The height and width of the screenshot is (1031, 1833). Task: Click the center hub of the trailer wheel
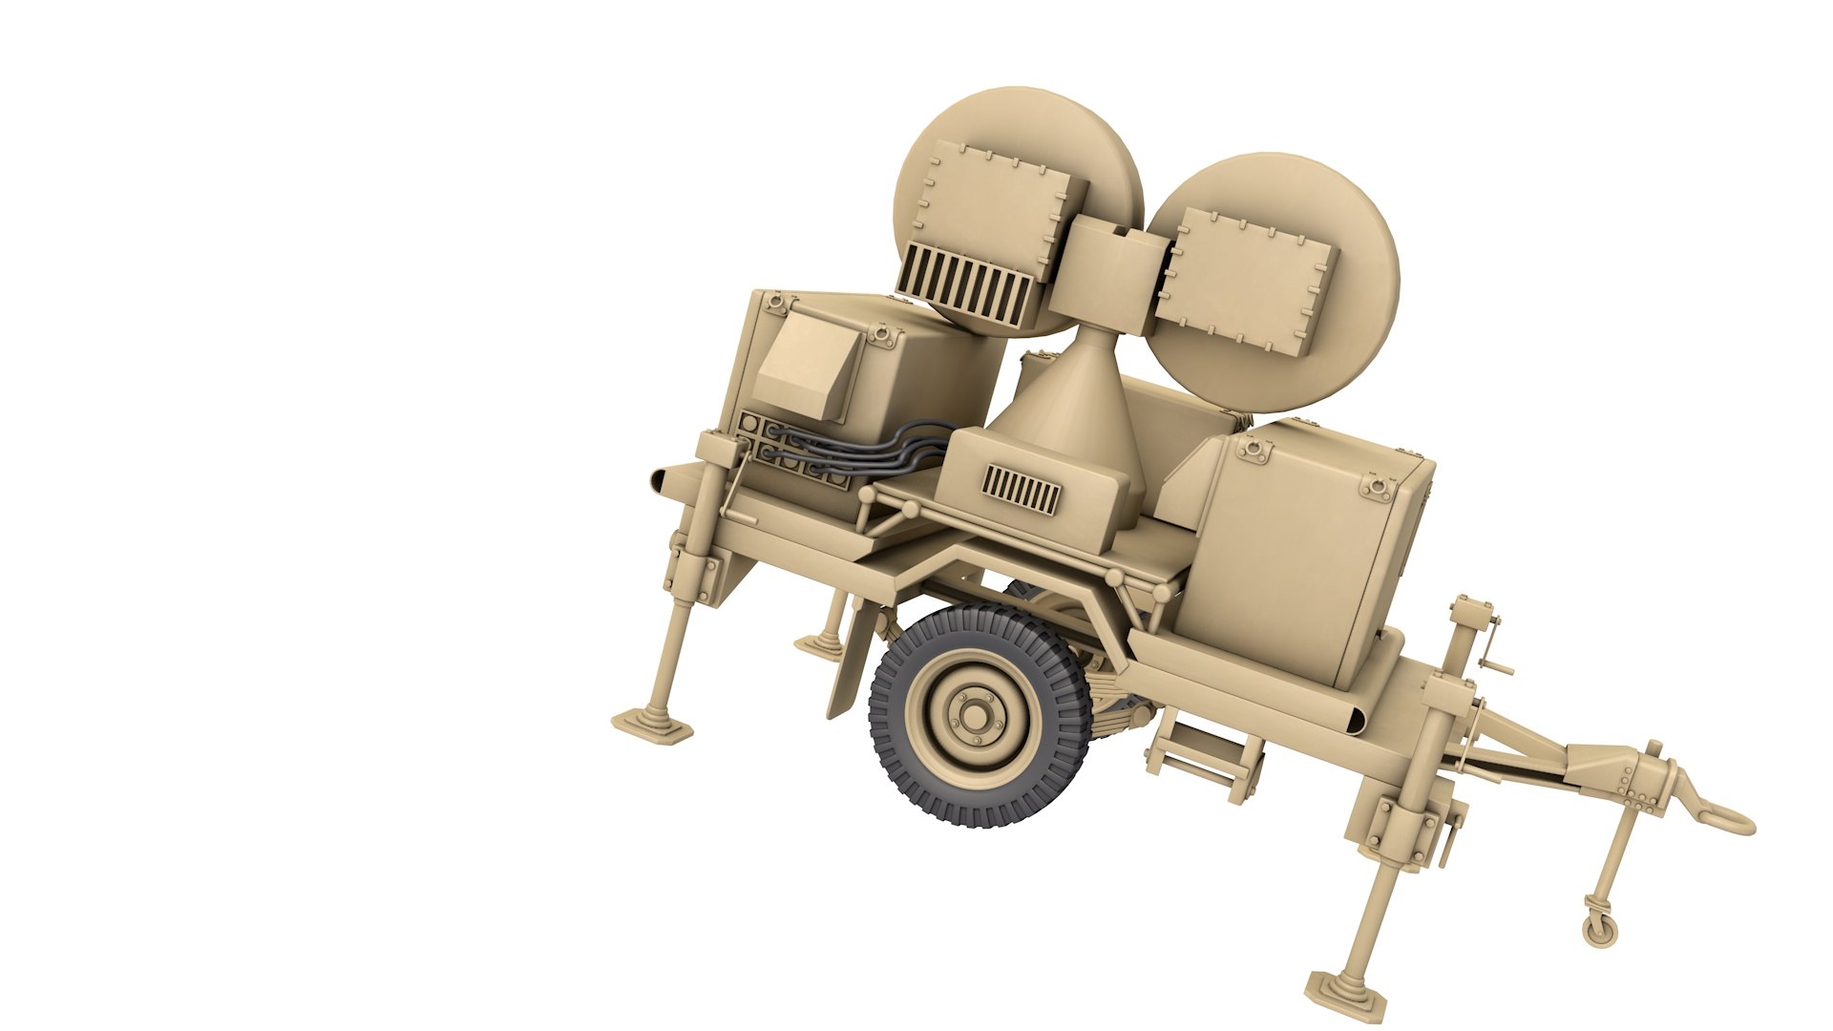[974, 715]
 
